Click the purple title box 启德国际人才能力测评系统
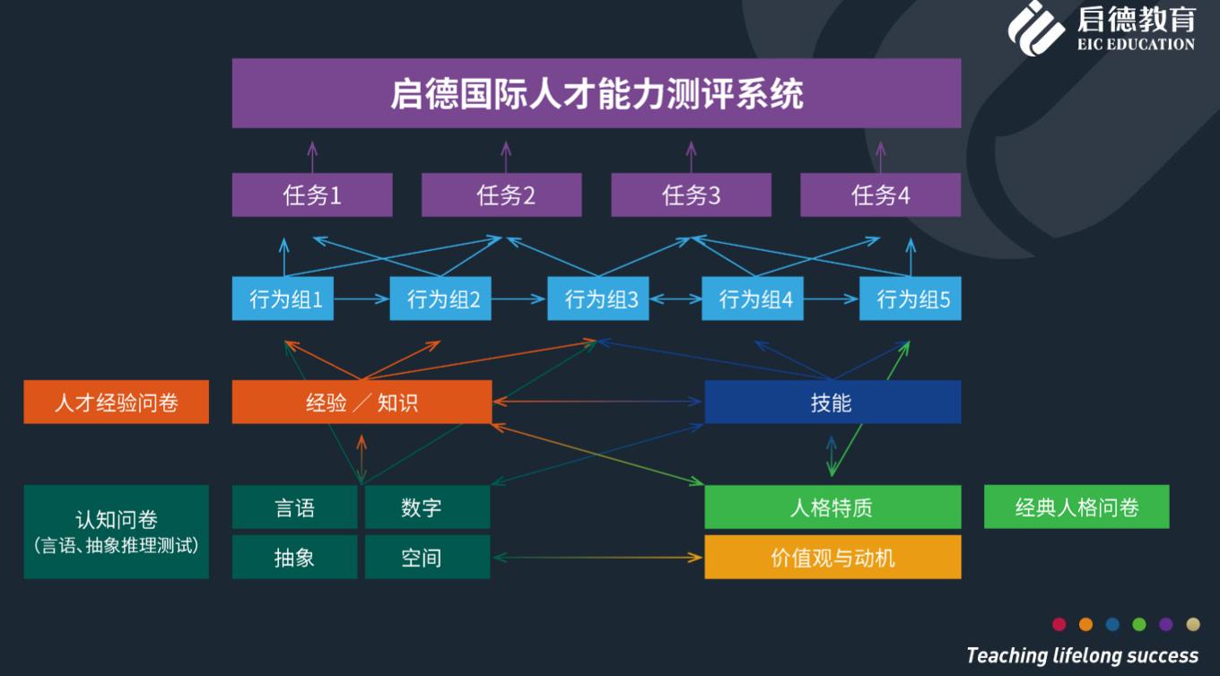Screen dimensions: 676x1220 596,93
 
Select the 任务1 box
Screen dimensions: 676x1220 312,195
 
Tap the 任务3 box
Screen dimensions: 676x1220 691,195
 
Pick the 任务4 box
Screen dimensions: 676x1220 880,195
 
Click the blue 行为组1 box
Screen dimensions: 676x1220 283,299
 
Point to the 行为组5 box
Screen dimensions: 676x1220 910,299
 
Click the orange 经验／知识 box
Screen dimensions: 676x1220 362,402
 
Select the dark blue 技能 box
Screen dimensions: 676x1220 832,402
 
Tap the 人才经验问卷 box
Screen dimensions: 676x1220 116,402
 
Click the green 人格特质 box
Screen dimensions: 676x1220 832,507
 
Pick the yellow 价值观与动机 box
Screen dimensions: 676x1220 832,557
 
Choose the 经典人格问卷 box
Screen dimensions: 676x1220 1076,507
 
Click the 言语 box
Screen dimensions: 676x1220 294,507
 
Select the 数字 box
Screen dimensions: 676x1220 427,507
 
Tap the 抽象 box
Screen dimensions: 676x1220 294,557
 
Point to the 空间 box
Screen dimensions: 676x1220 427,557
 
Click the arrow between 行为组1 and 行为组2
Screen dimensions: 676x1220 362,299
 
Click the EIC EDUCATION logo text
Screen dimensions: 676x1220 1136,44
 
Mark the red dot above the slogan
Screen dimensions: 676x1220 1059,624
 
